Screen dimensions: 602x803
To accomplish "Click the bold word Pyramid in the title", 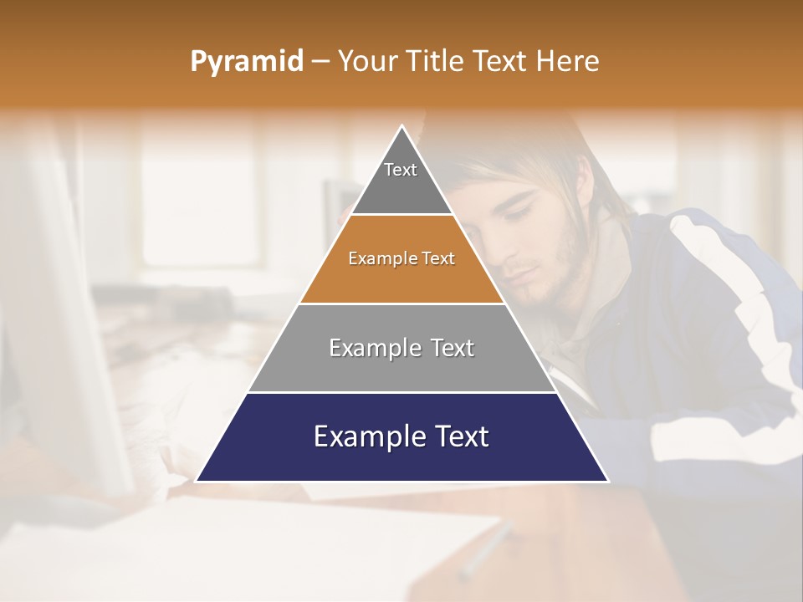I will pyautogui.click(x=246, y=62).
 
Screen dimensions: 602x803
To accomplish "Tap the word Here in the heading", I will pyautogui.click(x=568, y=62).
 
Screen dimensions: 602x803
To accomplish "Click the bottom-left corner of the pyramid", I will pyautogui.click(x=197, y=481).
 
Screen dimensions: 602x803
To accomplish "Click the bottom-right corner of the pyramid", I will pyautogui.click(x=607, y=481).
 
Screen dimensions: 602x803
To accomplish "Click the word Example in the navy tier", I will pyautogui.click(x=364, y=436).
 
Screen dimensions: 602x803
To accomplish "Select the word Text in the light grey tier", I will pyautogui.click(x=452, y=348).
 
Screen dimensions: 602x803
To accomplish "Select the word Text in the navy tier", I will pyautogui.click(x=461, y=436).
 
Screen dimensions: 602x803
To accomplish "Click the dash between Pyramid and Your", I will pyautogui.click(x=320, y=62).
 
